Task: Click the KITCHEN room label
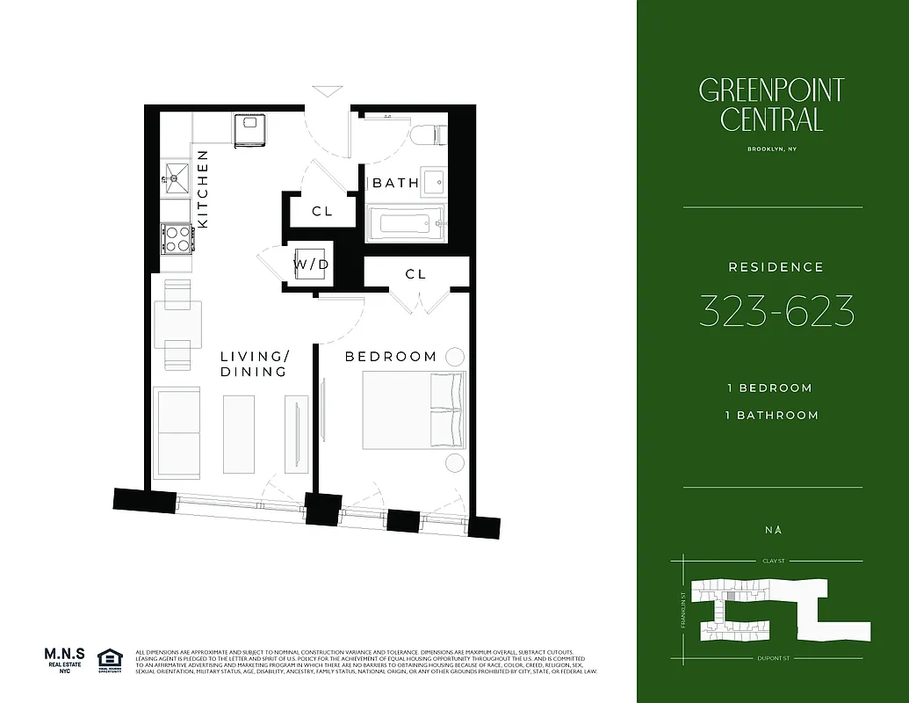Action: pos(202,190)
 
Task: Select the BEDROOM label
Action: pos(391,356)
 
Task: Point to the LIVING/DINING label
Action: pos(254,364)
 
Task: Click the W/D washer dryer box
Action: pos(310,263)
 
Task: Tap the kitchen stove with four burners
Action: pos(176,237)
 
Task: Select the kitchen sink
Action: pos(176,178)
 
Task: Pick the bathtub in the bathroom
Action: pos(405,223)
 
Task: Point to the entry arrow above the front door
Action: pos(326,91)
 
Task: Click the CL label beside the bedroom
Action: pos(415,274)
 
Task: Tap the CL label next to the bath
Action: pos(322,212)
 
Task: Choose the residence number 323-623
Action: pos(776,311)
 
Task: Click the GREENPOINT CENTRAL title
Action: pos(772,105)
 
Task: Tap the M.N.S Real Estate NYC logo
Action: pos(65,660)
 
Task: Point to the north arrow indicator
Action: pos(773,529)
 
